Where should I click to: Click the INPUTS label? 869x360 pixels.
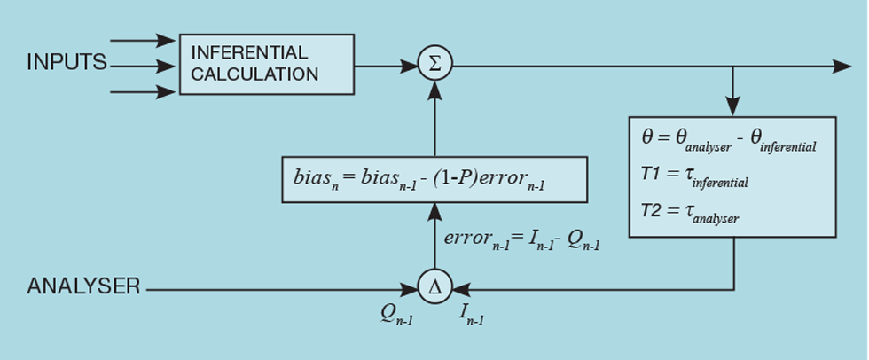[67, 64]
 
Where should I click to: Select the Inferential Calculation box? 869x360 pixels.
[266, 64]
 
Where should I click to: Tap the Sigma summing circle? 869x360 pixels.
[434, 64]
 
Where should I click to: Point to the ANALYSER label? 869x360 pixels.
[83, 286]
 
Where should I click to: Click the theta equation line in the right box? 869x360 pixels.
[727, 140]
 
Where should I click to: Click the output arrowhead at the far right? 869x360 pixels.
[843, 65]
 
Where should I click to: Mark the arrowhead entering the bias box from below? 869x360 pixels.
[434, 209]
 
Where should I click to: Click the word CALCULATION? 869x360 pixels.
[254, 74]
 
